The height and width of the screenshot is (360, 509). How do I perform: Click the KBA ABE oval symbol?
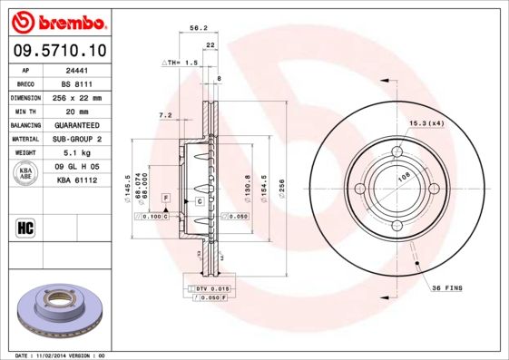click(x=26, y=174)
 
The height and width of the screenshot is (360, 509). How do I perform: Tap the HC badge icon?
click(x=25, y=227)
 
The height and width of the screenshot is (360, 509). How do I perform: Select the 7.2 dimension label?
click(x=165, y=115)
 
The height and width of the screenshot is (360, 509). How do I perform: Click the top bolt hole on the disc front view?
click(x=396, y=152)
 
